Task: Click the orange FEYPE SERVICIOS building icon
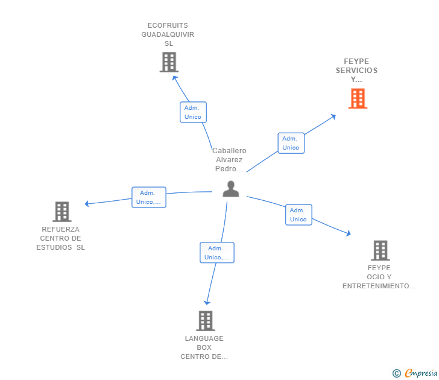[x=358, y=98]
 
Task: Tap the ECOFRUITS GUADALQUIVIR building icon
[x=169, y=62]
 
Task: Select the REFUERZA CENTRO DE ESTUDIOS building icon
[x=62, y=212]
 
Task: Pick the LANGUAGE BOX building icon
[x=206, y=321]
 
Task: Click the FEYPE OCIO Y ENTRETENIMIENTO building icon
[x=380, y=250]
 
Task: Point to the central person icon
[x=230, y=189]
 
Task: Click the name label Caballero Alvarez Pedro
[x=229, y=160]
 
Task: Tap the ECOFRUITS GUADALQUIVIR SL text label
[x=168, y=34]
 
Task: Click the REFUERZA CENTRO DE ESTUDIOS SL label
[x=60, y=238]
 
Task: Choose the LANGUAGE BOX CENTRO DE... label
[x=204, y=347]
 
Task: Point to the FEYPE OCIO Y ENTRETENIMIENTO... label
[x=379, y=277]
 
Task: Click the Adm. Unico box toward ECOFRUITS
[x=193, y=112]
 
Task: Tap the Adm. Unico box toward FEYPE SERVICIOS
[x=291, y=143]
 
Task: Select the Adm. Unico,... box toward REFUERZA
[x=149, y=197]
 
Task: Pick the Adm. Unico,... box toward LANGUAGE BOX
[x=216, y=253]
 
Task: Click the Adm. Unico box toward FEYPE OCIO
[x=298, y=215]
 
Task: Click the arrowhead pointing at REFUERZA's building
[x=87, y=204]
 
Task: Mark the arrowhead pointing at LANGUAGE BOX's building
[x=207, y=302]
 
